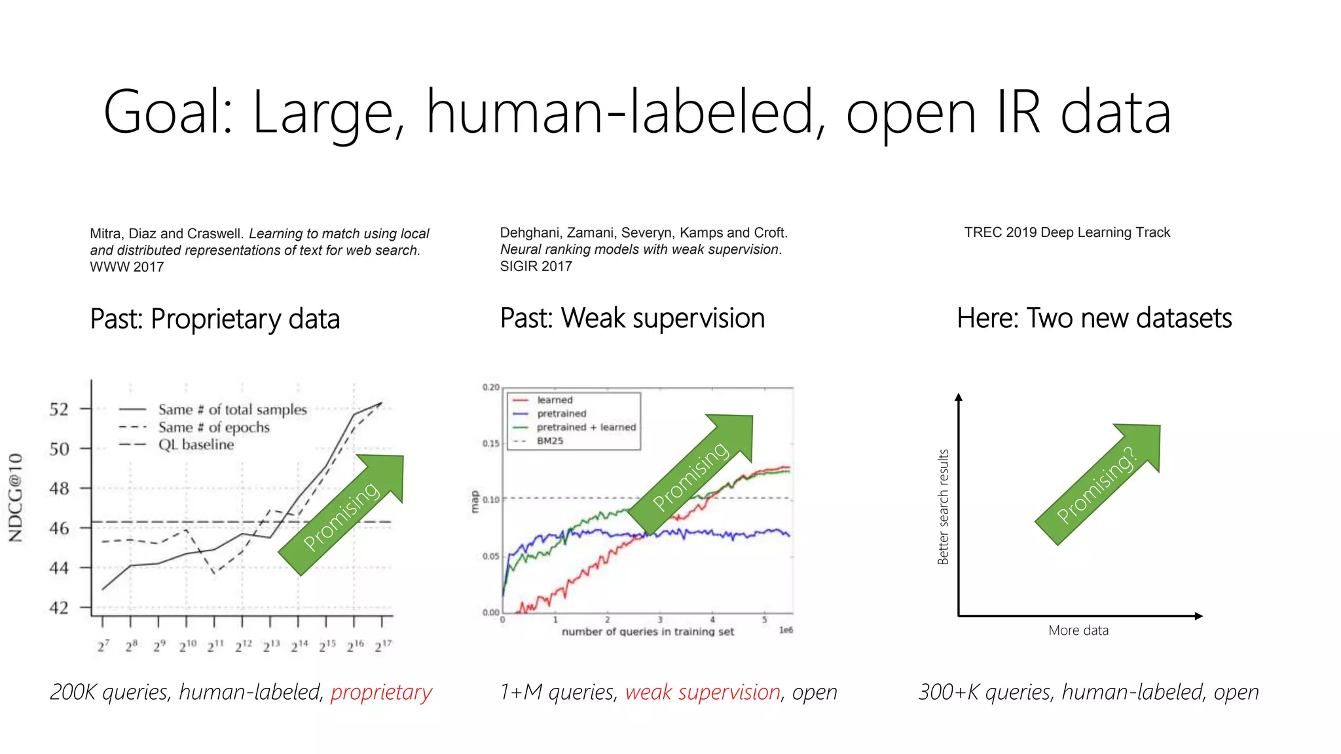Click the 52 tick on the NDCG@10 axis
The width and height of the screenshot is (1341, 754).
click(x=59, y=409)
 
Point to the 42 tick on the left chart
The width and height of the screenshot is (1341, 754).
click(x=59, y=607)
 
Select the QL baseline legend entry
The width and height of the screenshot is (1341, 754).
click(x=196, y=444)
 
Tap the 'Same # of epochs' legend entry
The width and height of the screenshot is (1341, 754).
click(x=213, y=427)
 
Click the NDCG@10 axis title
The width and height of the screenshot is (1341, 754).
click(x=16, y=497)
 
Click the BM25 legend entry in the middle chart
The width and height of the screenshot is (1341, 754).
click(x=550, y=440)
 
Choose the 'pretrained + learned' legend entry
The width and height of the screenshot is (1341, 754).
click(x=586, y=427)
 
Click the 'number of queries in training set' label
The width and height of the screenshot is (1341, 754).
click(x=648, y=632)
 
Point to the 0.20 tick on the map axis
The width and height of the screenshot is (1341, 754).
click(x=490, y=387)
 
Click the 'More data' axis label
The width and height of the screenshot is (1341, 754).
click(x=1078, y=630)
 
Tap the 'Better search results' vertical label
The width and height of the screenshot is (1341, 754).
click(x=943, y=507)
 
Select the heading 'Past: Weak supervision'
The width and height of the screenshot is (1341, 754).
click(x=632, y=318)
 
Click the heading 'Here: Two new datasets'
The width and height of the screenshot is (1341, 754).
click(x=1093, y=318)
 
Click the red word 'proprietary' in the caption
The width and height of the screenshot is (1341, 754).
click(x=381, y=692)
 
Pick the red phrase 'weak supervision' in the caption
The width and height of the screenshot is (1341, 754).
click(x=703, y=692)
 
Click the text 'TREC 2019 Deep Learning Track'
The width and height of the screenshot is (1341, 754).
click(x=1067, y=232)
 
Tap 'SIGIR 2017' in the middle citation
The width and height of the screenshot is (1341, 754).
click(x=536, y=266)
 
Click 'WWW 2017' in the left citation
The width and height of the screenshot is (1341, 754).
click(x=126, y=267)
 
